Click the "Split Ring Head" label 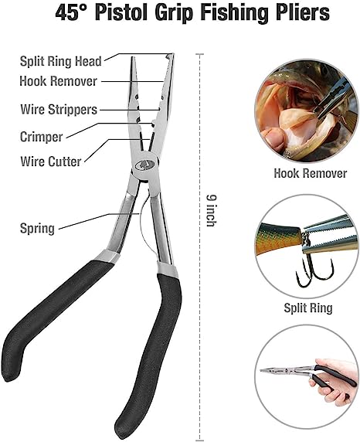point(60,61)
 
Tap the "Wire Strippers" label point(59,110)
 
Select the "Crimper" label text point(41,137)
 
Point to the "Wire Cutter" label point(51,161)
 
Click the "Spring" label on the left point(37,228)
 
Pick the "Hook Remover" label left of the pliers point(59,81)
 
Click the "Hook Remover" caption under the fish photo point(311,173)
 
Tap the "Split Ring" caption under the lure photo point(308,308)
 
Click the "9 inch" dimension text point(211,210)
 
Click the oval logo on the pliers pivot point(144,165)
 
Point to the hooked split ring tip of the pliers point(170,56)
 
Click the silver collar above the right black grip point(168,270)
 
